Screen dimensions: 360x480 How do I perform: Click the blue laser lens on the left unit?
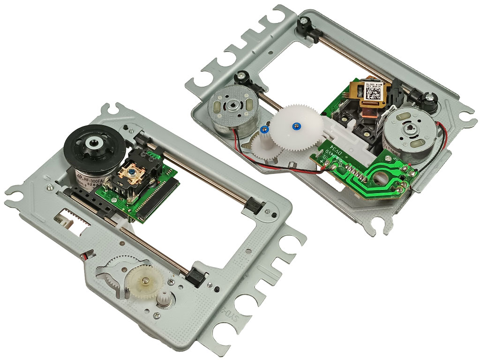pyautogui.click(x=135, y=172)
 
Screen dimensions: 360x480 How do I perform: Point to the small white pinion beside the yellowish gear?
pyautogui.click(x=164, y=297)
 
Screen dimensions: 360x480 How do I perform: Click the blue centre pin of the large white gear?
pyautogui.click(x=295, y=125)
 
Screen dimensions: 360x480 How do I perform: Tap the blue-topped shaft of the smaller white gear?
pyautogui.click(x=264, y=128)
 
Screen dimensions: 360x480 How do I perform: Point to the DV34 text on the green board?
pyautogui.click(x=335, y=154)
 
